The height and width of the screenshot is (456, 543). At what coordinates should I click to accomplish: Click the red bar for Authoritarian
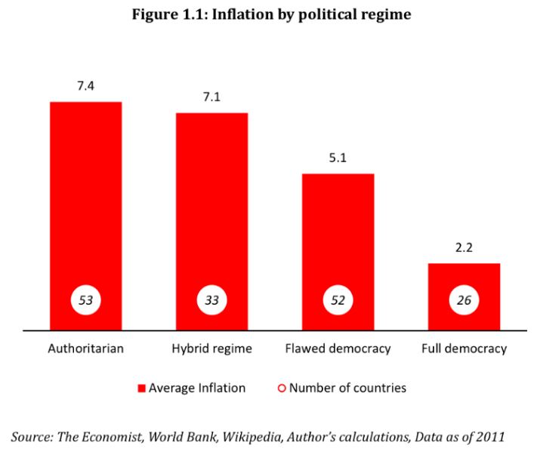click(85, 197)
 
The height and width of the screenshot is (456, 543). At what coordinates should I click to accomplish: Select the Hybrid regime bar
click(211, 204)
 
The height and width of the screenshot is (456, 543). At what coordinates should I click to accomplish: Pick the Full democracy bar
click(464, 276)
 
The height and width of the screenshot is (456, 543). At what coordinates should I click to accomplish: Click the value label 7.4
click(85, 86)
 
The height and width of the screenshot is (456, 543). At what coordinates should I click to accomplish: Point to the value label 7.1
click(211, 98)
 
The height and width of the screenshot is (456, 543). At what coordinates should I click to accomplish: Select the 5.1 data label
click(338, 159)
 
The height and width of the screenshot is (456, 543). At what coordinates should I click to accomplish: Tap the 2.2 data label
click(464, 248)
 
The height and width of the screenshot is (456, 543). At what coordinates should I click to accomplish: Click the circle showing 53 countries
click(85, 300)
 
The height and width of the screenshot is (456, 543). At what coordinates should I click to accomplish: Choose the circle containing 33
click(211, 300)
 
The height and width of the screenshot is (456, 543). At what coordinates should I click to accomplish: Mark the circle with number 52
click(338, 300)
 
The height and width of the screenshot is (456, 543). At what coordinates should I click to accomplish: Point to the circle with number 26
click(464, 300)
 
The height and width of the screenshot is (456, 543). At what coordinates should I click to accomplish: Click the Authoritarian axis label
click(85, 349)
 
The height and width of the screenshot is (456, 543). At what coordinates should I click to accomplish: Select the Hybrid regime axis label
click(211, 349)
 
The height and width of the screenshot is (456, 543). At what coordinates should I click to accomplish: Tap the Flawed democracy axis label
click(338, 349)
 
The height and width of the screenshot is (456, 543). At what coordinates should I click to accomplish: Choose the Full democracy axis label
click(464, 349)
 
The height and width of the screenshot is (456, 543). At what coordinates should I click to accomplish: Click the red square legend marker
click(140, 389)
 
